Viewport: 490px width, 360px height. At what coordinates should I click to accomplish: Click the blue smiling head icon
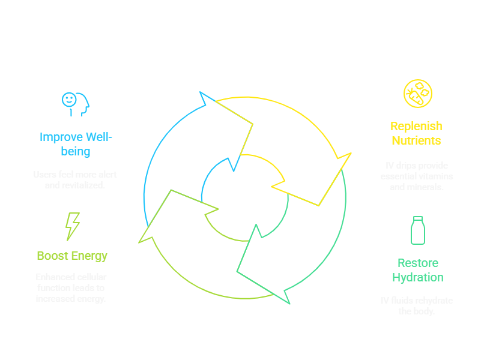tap(76, 103)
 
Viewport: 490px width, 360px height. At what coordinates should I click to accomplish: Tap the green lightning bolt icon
tap(72, 226)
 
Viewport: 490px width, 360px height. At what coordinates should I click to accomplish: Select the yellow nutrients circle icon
tap(417, 94)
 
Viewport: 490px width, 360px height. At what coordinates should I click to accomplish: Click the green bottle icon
tap(417, 230)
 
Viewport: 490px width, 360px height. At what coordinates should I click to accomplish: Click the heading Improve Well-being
tap(76, 144)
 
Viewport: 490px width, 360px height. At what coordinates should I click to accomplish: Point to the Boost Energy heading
tap(72, 256)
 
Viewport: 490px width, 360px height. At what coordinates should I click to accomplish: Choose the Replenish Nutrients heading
tap(416, 133)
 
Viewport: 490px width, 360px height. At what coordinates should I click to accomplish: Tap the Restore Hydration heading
tap(417, 270)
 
